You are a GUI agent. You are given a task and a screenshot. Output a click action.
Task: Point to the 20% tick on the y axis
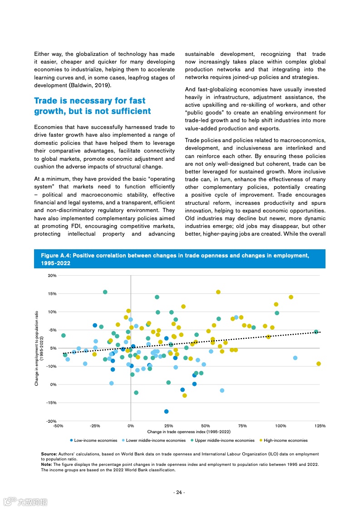[x=52, y=276]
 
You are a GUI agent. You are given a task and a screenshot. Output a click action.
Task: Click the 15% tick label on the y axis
[x=52, y=294]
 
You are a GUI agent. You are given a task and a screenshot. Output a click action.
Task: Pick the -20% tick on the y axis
[x=51, y=421]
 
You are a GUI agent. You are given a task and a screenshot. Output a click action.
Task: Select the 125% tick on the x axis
[x=320, y=426]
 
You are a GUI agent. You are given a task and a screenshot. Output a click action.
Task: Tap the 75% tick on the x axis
[x=243, y=426]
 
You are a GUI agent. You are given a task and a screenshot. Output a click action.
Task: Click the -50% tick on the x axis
[x=58, y=426]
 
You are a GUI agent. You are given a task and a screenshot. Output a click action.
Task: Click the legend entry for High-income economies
[x=283, y=440]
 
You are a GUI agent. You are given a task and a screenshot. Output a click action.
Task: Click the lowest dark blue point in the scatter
[x=167, y=411]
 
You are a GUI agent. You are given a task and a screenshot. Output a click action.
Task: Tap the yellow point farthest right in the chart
[x=319, y=364]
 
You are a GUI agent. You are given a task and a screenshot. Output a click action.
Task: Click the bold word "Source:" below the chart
[x=49, y=454]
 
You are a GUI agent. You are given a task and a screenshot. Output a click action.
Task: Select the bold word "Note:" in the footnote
[x=46, y=465]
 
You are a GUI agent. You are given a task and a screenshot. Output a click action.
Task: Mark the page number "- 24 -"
[x=179, y=493]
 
